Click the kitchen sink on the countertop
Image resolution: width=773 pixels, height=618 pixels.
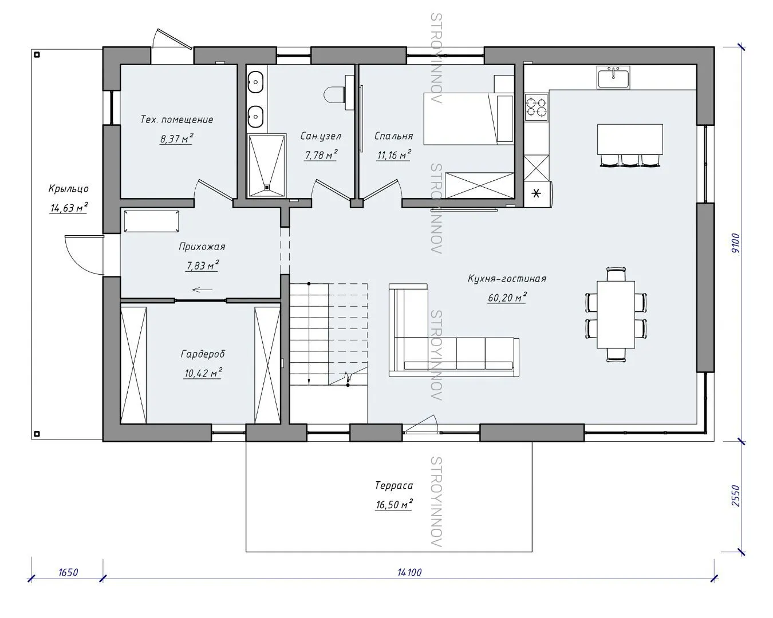pyautogui.click(x=613, y=77)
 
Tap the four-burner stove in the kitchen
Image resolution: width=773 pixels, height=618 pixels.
pyautogui.click(x=537, y=107)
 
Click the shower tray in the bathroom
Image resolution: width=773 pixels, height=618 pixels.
pyautogui.click(x=266, y=165)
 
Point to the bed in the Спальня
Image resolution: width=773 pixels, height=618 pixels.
pyautogui.click(x=468, y=118)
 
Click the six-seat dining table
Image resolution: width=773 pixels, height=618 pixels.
pyautogui.click(x=616, y=315)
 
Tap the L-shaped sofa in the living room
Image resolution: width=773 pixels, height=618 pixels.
pyautogui.click(x=453, y=330)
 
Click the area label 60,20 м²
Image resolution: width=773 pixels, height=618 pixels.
pyautogui.click(x=507, y=298)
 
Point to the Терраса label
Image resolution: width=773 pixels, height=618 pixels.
pyautogui.click(x=394, y=485)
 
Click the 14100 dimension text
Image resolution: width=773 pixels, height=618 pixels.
pyautogui.click(x=409, y=572)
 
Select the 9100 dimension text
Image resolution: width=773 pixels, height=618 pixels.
pyautogui.click(x=736, y=243)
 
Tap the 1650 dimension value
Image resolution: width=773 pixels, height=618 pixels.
pyautogui.click(x=68, y=572)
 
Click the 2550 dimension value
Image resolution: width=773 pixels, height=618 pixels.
pyautogui.click(x=736, y=496)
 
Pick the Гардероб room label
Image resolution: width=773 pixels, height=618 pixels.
pyautogui.click(x=203, y=354)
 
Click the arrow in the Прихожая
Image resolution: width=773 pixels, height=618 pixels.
pyautogui.click(x=202, y=290)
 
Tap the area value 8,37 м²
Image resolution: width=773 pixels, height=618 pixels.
pyautogui.click(x=176, y=138)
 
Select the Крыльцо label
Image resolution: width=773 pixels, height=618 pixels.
pyautogui.click(x=68, y=188)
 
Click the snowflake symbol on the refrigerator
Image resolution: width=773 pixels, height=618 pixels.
pyautogui.click(x=536, y=194)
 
